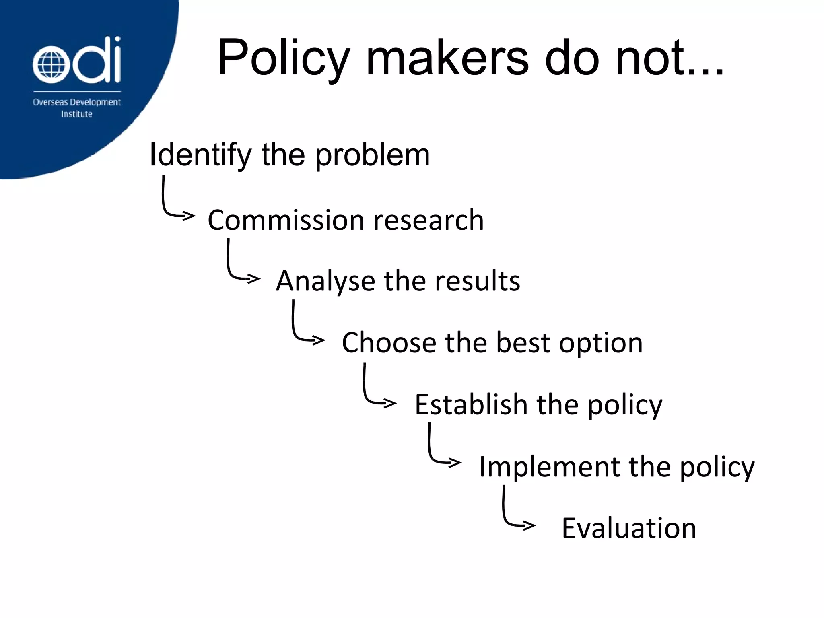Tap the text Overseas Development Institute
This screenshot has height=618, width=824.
click(76, 108)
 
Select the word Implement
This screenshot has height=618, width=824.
click(549, 468)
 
